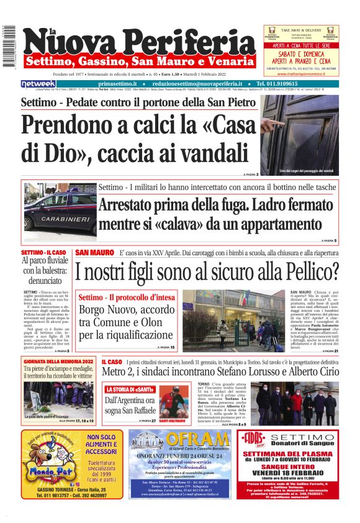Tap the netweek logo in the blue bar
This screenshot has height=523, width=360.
coord(38,83)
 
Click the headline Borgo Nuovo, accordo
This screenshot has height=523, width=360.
coord(127,309)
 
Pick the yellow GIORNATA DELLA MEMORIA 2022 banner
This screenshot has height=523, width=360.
coord(58,362)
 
